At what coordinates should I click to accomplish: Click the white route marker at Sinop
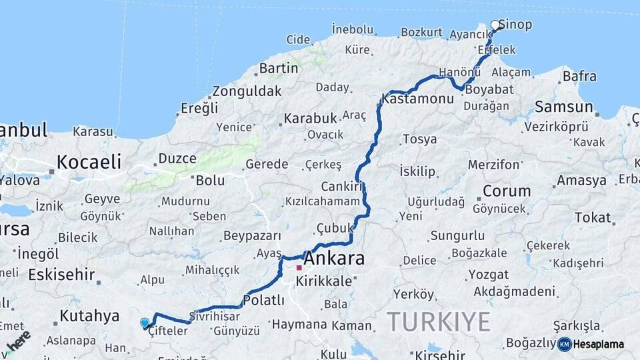[x=495, y=25]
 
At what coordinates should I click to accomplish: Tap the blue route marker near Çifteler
[x=145, y=323]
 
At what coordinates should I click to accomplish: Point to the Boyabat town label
[x=489, y=89]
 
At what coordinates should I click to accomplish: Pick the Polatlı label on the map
[x=263, y=301]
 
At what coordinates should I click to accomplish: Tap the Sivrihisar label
[x=213, y=315]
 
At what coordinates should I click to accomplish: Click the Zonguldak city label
[x=247, y=91]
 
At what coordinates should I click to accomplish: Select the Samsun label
[x=563, y=107]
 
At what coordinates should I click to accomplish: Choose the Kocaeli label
[x=89, y=161]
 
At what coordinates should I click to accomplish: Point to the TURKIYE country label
[x=439, y=321]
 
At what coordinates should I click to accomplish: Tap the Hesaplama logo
[x=595, y=344]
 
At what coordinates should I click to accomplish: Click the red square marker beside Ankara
[x=299, y=268]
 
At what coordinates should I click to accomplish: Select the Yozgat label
[x=488, y=275]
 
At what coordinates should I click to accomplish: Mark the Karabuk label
[x=310, y=118]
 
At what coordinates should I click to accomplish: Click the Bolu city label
[x=210, y=180]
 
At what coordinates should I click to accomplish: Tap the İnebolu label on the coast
[x=353, y=29]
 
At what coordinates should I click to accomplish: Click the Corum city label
[x=507, y=191]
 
